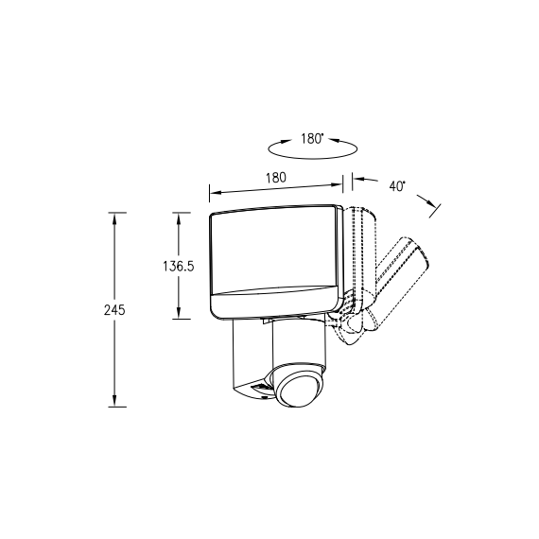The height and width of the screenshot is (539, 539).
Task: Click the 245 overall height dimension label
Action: tap(114, 310)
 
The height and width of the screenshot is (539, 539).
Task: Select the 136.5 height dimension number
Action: tap(179, 267)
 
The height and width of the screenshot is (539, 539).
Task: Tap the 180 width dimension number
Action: tap(276, 178)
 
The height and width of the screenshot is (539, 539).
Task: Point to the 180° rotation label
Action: tap(312, 138)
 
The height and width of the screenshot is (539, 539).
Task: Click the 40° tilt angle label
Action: tap(397, 186)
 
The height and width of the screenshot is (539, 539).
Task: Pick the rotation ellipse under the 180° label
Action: tap(312, 158)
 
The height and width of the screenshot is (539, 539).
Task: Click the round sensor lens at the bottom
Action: tap(298, 391)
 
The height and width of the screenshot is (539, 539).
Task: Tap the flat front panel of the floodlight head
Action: tap(273, 251)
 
